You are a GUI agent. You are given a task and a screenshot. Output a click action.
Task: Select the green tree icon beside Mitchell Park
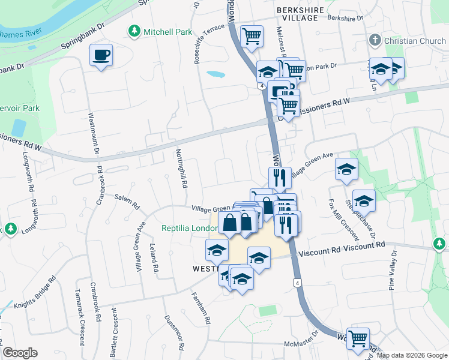point(134,31)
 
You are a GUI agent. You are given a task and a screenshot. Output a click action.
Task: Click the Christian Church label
point(413,40)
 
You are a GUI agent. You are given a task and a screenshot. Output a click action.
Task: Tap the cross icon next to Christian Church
point(375,40)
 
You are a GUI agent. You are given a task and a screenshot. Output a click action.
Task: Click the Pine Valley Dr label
point(393,271)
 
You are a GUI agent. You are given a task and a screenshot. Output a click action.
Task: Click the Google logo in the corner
point(20,353)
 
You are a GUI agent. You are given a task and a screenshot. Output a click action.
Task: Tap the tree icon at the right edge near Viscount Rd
point(440,244)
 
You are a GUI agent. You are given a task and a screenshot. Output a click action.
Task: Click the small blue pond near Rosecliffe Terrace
point(215,75)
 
